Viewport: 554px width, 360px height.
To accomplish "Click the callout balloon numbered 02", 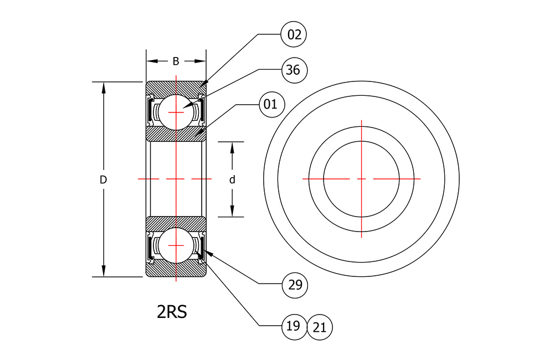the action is (294, 35).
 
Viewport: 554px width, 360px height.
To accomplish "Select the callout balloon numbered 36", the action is (294, 70).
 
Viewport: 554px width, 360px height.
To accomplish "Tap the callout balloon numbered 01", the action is (271, 104).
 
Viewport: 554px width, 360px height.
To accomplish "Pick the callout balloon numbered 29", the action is (295, 285).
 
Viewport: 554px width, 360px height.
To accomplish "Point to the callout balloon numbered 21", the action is (320, 327).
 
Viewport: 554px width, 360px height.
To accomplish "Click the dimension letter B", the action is (176, 61).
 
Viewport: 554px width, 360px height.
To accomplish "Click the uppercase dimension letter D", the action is (103, 180).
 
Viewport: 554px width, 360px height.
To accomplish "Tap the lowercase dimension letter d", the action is (232, 180).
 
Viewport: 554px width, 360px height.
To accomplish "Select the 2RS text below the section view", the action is (172, 312).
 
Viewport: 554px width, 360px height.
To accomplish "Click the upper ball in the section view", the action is (176, 112).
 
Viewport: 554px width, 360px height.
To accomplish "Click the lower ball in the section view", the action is (176, 245).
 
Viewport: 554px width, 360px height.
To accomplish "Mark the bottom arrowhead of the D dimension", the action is (104, 271).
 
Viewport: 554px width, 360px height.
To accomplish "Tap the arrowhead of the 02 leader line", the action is (204, 84).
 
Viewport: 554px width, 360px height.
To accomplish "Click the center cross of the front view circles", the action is (361, 179).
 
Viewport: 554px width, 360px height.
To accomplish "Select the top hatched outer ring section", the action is (176, 88).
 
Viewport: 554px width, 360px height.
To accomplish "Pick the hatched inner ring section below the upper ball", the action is (176, 134).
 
